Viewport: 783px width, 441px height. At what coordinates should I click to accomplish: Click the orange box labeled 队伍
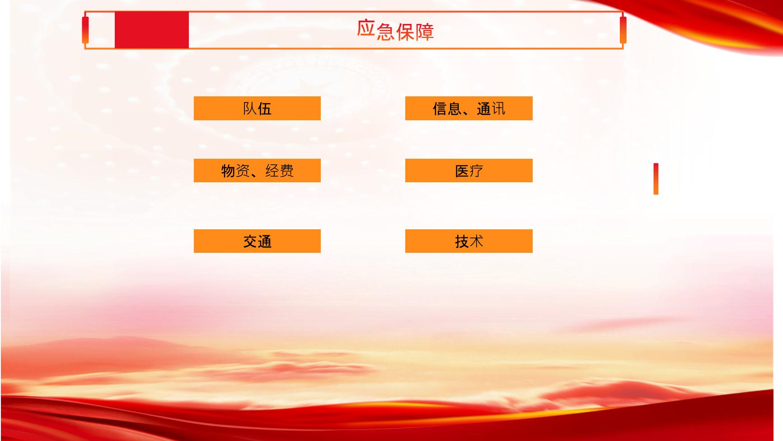click(257, 108)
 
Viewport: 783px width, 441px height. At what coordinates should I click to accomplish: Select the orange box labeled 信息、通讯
click(469, 108)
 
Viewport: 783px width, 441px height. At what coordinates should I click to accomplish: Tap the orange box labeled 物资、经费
click(257, 171)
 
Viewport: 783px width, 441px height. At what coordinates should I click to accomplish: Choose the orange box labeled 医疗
click(469, 171)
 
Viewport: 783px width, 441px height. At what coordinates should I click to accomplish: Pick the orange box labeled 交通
click(257, 241)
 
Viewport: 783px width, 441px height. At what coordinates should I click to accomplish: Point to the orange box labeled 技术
click(469, 241)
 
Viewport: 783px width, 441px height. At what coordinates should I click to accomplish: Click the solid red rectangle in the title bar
click(152, 30)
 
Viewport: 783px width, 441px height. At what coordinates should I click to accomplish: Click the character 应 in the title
click(366, 28)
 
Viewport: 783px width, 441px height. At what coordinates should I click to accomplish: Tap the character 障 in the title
click(425, 32)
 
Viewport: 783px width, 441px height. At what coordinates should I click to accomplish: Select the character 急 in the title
click(385, 32)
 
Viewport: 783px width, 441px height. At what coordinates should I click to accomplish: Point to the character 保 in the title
click(405, 32)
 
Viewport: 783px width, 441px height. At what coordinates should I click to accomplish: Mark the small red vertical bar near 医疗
click(656, 179)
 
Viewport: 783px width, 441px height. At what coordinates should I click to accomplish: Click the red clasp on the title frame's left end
click(85, 30)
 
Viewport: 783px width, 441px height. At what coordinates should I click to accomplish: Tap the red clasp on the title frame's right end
click(623, 30)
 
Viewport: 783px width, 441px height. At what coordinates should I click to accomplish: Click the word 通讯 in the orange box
click(491, 109)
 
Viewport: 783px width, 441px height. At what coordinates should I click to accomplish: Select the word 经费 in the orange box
click(280, 171)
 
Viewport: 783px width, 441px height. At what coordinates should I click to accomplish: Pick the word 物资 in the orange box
click(235, 171)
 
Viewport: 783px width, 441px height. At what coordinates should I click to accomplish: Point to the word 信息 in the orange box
click(447, 109)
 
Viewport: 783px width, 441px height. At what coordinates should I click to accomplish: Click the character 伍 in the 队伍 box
click(265, 109)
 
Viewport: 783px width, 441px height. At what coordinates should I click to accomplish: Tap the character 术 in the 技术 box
click(476, 242)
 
